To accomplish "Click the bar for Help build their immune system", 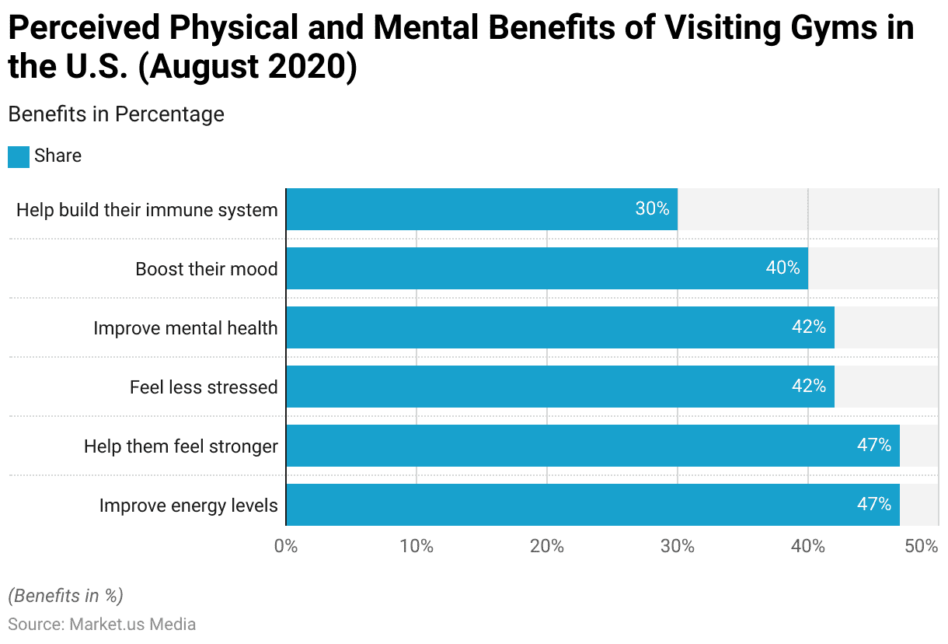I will click(482, 209).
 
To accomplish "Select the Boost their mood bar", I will click(547, 268).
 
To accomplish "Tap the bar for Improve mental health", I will click(559, 327).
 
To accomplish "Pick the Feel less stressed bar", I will click(559, 387).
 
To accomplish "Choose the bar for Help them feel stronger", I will click(592, 446).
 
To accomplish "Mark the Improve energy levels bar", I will click(592, 505).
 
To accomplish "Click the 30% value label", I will click(652, 209).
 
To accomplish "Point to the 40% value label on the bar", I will click(782, 268).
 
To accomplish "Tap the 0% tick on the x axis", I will click(286, 546).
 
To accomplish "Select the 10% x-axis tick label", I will click(416, 546).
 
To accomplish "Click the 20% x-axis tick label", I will click(547, 546).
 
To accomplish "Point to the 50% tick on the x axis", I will click(922, 546).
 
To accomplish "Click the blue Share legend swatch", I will click(19, 156).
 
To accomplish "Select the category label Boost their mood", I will click(206, 269).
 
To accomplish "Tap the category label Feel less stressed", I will click(204, 387).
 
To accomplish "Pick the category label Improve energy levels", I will click(188, 506).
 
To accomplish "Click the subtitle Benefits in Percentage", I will click(116, 114).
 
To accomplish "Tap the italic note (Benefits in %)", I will click(65, 596).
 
